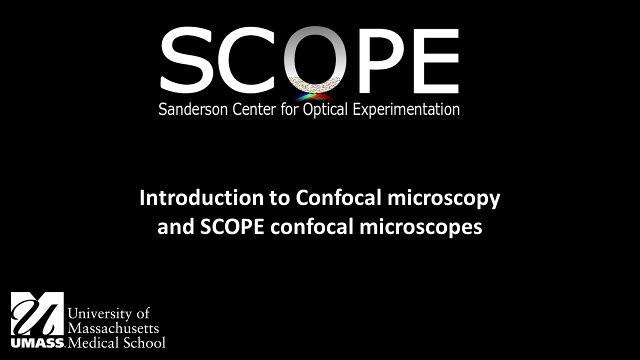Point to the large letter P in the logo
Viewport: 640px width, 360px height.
(x=376, y=60)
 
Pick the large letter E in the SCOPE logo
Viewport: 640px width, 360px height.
(x=435, y=60)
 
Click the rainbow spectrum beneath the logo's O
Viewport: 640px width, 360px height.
(x=314, y=97)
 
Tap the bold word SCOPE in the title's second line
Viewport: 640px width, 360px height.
(x=232, y=227)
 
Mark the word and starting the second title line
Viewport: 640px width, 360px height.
(x=176, y=227)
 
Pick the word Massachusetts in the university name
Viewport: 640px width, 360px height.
(x=113, y=328)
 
